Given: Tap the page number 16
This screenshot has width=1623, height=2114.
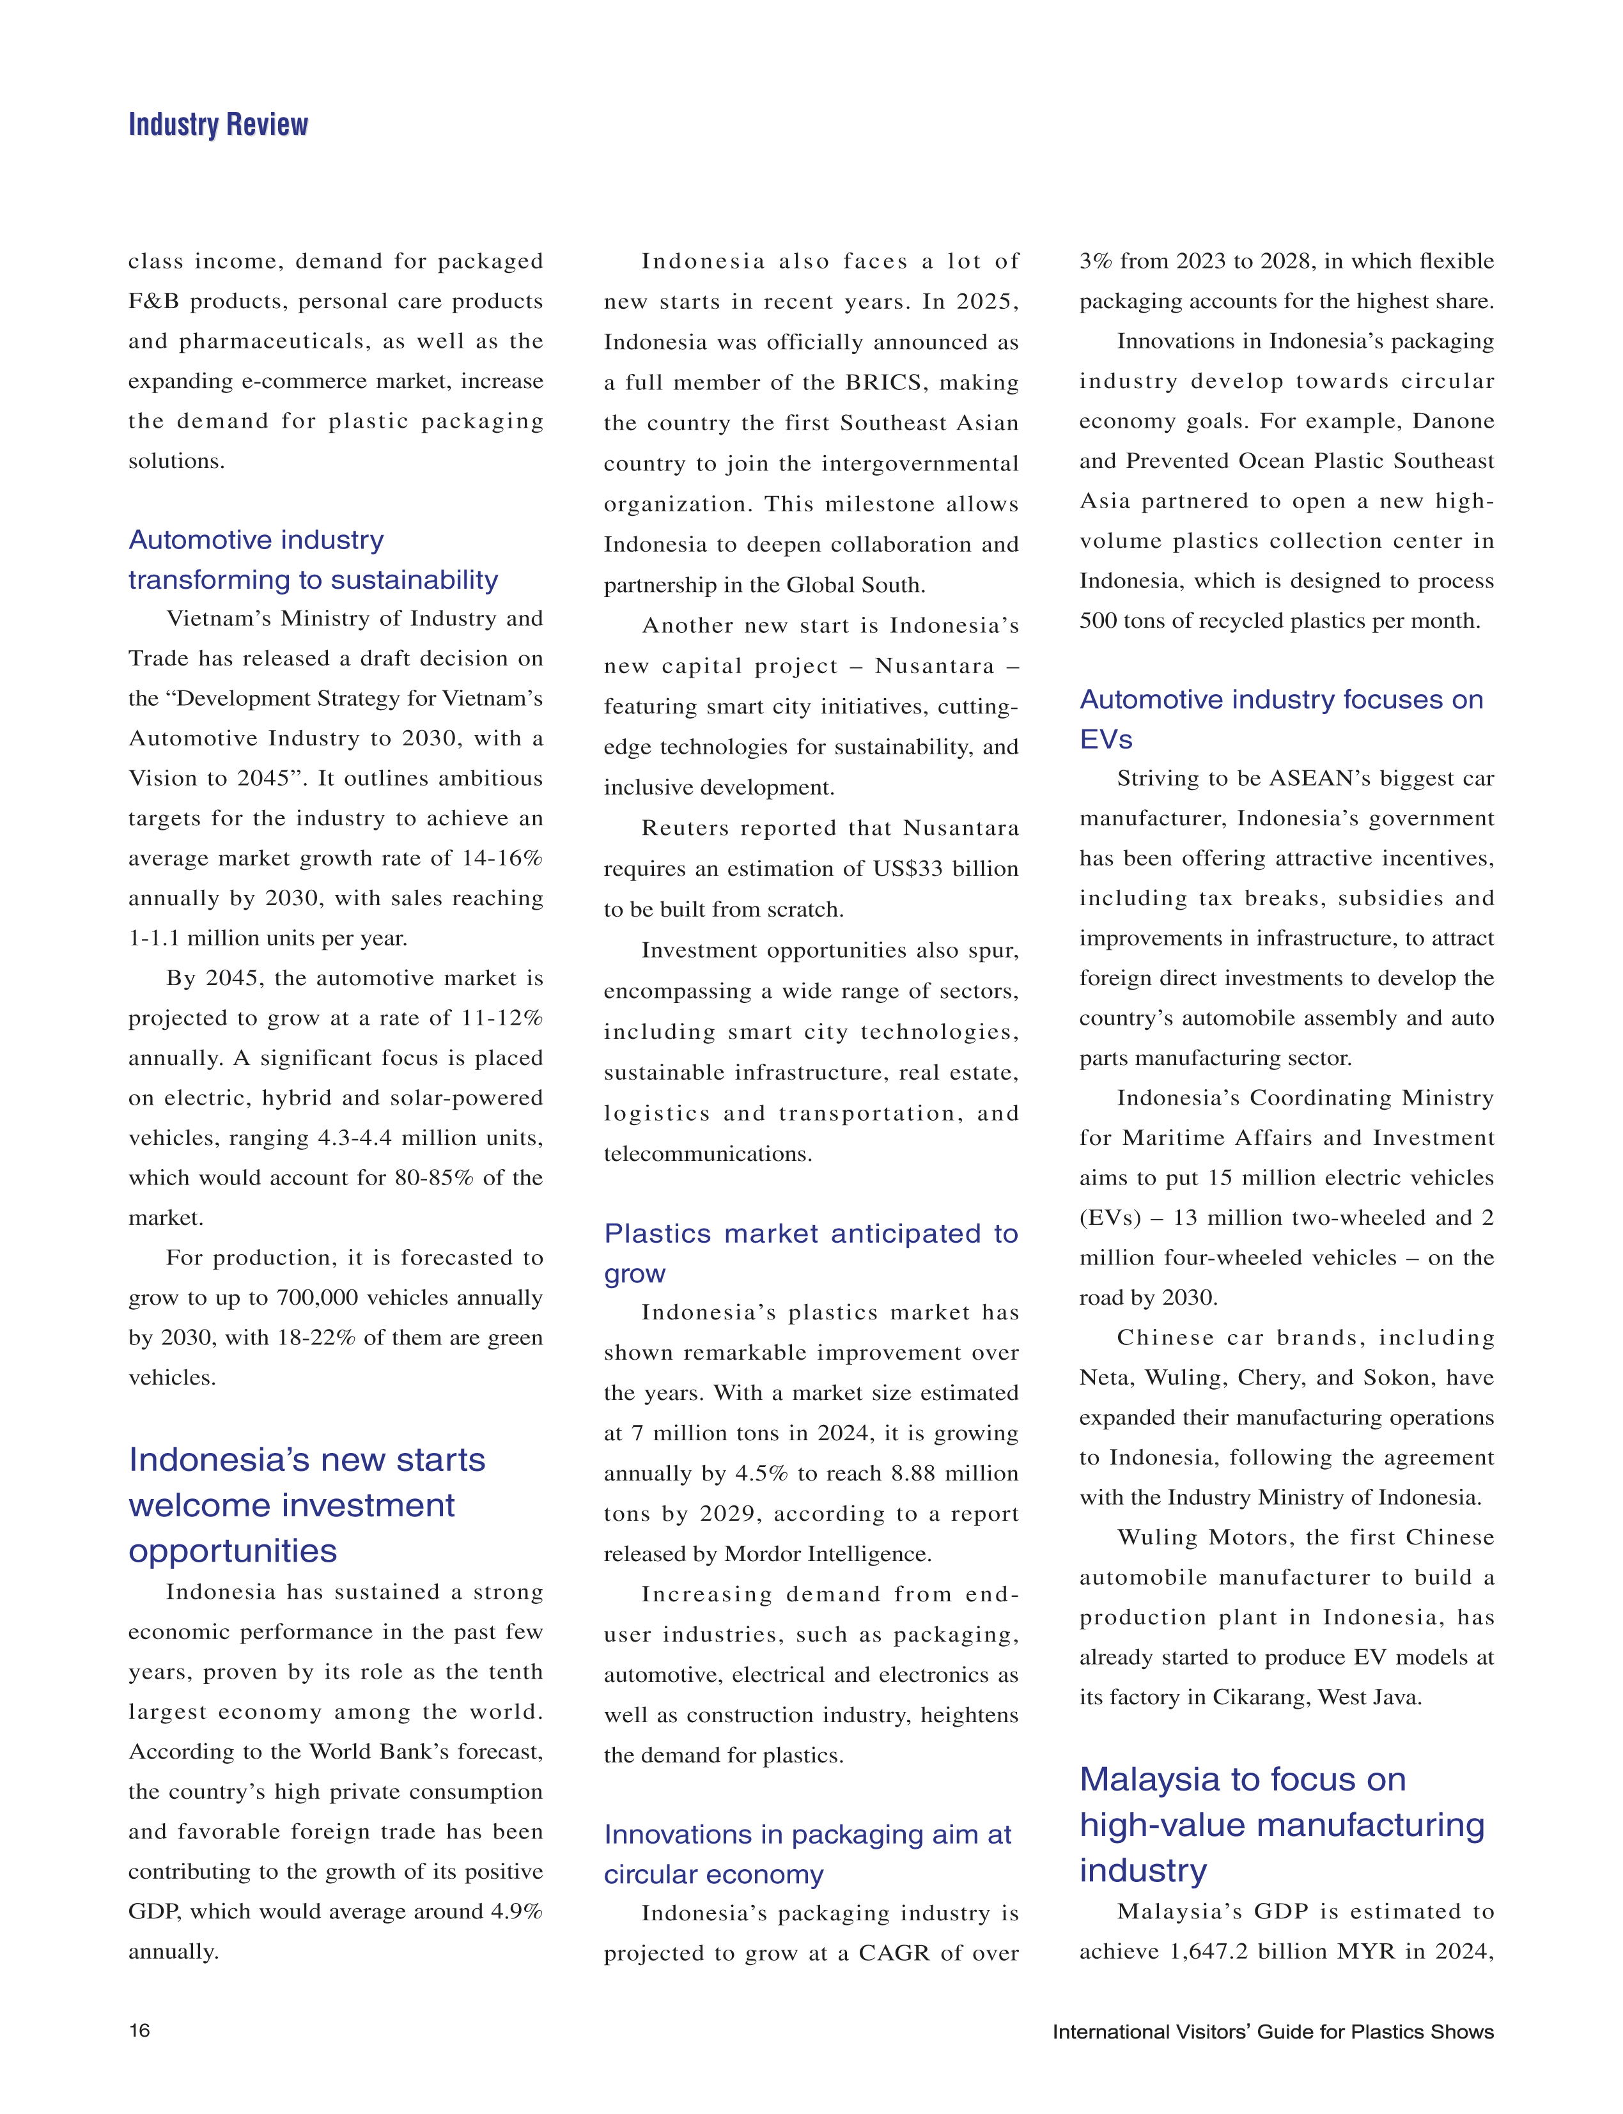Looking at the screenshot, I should click(139, 2030).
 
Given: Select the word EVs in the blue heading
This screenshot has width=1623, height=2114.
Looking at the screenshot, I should click(1105, 739).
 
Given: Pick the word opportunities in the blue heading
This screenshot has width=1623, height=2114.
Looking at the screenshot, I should click(233, 1551).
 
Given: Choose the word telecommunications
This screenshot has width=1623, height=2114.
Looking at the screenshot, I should click(707, 1154).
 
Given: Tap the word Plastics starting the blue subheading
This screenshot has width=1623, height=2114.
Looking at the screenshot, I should click(657, 1234).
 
